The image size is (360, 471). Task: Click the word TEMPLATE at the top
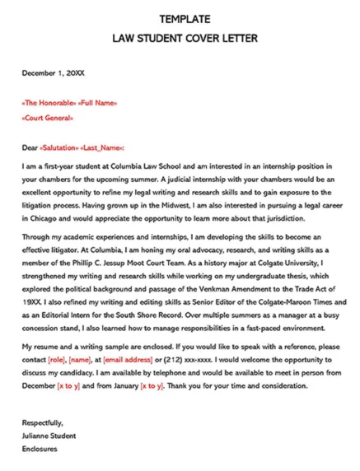(x=185, y=18)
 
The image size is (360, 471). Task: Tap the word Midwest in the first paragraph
(x=220, y=207)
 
